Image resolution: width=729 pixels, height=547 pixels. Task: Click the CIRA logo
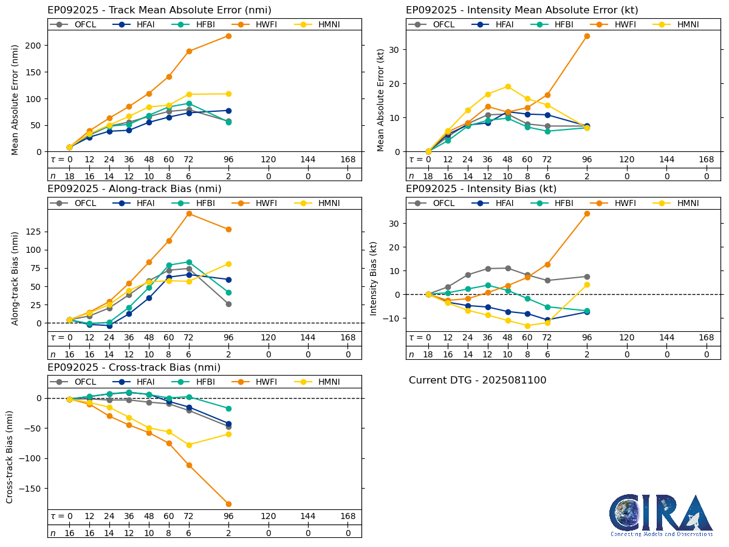661,515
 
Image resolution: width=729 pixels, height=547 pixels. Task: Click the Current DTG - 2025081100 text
477,380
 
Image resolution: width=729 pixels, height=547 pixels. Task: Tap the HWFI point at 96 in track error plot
228,36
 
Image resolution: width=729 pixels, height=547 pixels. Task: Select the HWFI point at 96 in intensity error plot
587,36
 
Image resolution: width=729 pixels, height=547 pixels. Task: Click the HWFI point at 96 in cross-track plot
228,504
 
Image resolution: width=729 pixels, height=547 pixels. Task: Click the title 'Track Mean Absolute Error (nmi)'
159,10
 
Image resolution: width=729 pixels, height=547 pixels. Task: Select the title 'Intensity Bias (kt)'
481,189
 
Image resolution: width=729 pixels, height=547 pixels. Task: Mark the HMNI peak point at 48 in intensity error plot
507,86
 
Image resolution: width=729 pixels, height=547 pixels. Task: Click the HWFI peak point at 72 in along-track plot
189,213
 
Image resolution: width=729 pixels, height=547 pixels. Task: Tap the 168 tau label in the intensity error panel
706,159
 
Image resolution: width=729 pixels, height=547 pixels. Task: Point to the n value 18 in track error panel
69,176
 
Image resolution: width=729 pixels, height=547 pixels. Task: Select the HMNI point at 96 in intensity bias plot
587,284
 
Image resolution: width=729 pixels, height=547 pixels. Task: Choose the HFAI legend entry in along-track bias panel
139,203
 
